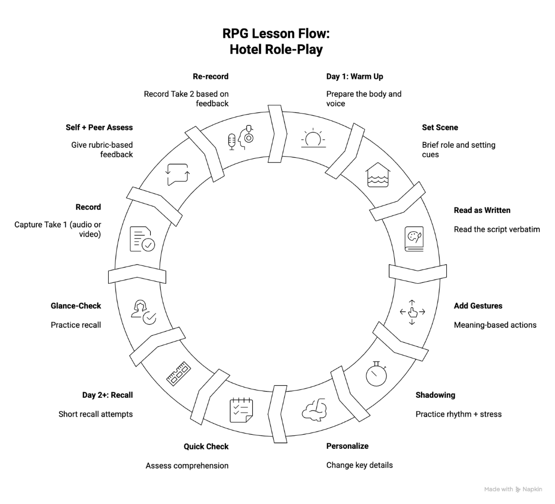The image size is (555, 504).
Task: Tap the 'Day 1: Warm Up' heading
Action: click(355, 76)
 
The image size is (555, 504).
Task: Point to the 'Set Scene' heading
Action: click(440, 127)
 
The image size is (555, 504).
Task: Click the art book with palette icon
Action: click(414, 239)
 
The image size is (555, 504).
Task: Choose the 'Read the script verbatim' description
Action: click(497, 229)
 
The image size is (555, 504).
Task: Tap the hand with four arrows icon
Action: click(413, 312)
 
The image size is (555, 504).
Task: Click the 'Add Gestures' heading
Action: click(478, 306)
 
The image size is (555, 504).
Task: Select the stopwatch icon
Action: click(377, 374)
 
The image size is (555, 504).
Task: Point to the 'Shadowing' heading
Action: click(435, 395)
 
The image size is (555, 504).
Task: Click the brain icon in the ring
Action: click(314, 410)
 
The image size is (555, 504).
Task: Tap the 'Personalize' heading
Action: click(347, 446)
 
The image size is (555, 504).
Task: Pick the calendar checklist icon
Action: click(241, 410)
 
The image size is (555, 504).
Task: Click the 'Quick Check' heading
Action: click(206, 447)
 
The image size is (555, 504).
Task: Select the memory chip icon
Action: click(178, 374)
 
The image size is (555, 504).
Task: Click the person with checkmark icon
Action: click(143, 312)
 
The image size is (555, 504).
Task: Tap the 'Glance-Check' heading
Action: click(76, 306)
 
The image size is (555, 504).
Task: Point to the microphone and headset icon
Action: click(241, 138)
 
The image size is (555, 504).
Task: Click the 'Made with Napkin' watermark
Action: click(513, 489)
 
